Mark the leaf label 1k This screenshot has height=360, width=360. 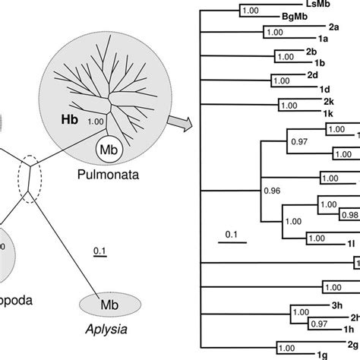[x=319, y=111]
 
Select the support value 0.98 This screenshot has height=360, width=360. [x=349, y=214]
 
